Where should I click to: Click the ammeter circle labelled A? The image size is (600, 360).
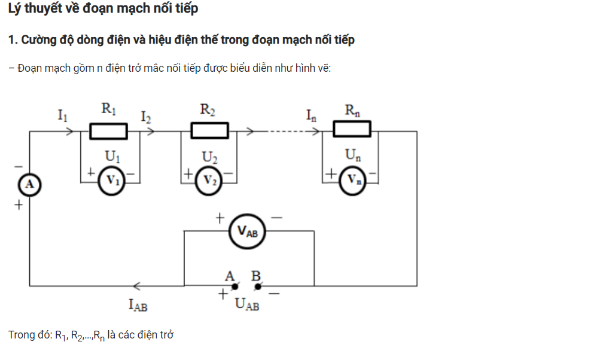pyautogui.click(x=29, y=185)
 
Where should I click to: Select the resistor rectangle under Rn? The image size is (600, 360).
pyautogui.click(x=352, y=129)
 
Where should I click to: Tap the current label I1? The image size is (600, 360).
pyautogui.click(x=63, y=115)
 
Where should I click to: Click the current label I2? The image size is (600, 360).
pyautogui.click(x=146, y=116)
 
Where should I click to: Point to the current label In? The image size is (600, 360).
pyautogui.click(x=311, y=115)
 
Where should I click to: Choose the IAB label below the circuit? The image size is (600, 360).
pyautogui.click(x=138, y=305)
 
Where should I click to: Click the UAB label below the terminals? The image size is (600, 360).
pyautogui.click(x=247, y=305)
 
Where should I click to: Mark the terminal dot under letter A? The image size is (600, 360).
pyautogui.click(x=236, y=286)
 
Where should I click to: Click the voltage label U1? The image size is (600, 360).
pyautogui.click(x=112, y=157)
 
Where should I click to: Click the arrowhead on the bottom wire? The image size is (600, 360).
pyautogui.click(x=137, y=286)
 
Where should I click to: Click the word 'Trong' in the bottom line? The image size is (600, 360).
pyautogui.click(x=22, y=335)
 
